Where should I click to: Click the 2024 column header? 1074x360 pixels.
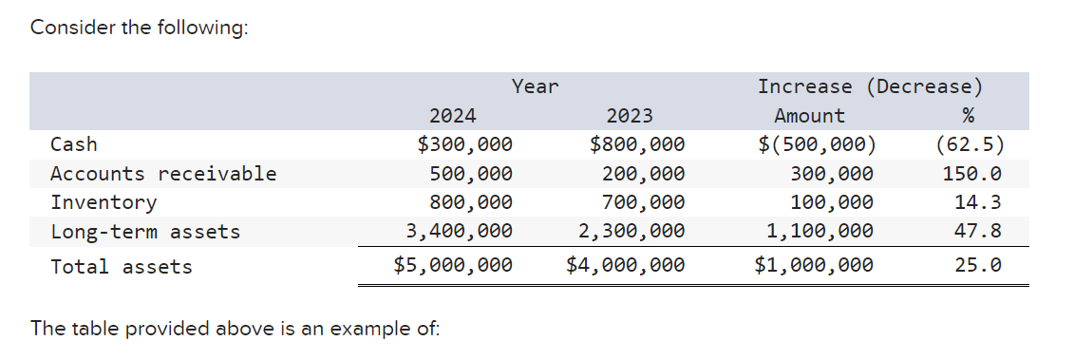click(x=453, y=116)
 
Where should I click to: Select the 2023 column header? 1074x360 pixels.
click(x=630, y=116)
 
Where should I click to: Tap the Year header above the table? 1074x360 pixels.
click(x=536, y=86)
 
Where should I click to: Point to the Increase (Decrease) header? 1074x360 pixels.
click(x=869, y=86)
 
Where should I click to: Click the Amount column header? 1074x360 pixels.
click(x=809, y=116)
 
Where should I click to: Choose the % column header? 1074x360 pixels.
click(x=968, y=116)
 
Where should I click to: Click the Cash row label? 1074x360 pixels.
click(x=74, y=144)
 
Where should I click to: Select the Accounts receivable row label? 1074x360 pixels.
click(x=163, y=174)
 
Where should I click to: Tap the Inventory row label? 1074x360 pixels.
click(x=104, y=202)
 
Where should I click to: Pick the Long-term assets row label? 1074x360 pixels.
click(x=145, y=231)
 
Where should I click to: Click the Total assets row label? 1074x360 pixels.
click(x=122, y=267)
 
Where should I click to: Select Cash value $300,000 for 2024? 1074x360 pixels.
click(x=465, y=144)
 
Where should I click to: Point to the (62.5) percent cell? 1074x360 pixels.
click(x=969, y=144)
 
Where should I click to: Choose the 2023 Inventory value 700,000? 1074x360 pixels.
click(x=643, y=202)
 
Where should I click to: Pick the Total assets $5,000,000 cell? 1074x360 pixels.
click(x=453, y=265)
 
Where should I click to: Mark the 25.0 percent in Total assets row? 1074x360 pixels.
click(x=978, y=265)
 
